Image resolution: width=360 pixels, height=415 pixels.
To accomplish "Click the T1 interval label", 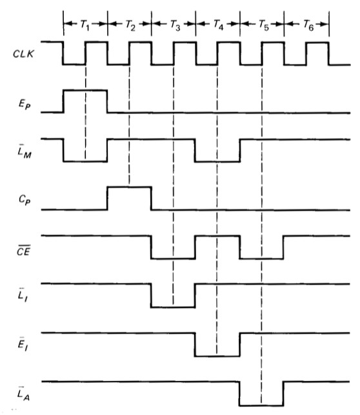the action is tap(85, 25).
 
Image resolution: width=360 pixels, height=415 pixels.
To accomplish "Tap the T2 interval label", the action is tap(130, 25).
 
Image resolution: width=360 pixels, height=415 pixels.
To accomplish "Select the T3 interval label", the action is tap(175, 25).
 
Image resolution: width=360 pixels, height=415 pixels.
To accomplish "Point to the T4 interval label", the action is tap(219, 25).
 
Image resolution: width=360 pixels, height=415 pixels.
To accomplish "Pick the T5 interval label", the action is tap(264, 25).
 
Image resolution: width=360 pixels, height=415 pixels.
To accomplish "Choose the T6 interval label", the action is tap(308, 25).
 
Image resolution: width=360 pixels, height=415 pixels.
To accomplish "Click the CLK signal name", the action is tap(23, 54).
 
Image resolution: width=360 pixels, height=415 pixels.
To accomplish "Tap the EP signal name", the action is tap(25, 104).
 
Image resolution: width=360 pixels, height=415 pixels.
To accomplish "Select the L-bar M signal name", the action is tap(25, 151).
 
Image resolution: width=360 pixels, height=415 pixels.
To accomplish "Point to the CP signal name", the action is tap(25, 200).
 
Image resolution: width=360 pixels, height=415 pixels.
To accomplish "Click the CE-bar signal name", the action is tap(24, 251).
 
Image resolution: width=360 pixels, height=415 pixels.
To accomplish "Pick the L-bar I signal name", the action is tap(23, 295).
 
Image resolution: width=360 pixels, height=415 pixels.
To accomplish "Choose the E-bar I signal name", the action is tap(23, 344).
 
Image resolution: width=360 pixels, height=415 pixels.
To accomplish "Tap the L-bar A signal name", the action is tap(24, 394).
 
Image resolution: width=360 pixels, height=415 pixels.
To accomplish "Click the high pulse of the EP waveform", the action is tap(85, 90).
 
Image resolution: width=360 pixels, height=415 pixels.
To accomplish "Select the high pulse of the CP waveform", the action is tap(130, 187).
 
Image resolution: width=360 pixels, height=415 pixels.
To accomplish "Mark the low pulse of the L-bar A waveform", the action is tap(261, 405).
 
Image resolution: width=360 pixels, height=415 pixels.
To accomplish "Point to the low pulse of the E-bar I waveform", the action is tap(217, 356).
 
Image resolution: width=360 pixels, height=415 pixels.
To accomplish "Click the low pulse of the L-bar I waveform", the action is tap(173, 307).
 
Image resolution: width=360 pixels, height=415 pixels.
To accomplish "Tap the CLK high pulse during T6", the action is tap(317, 43).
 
